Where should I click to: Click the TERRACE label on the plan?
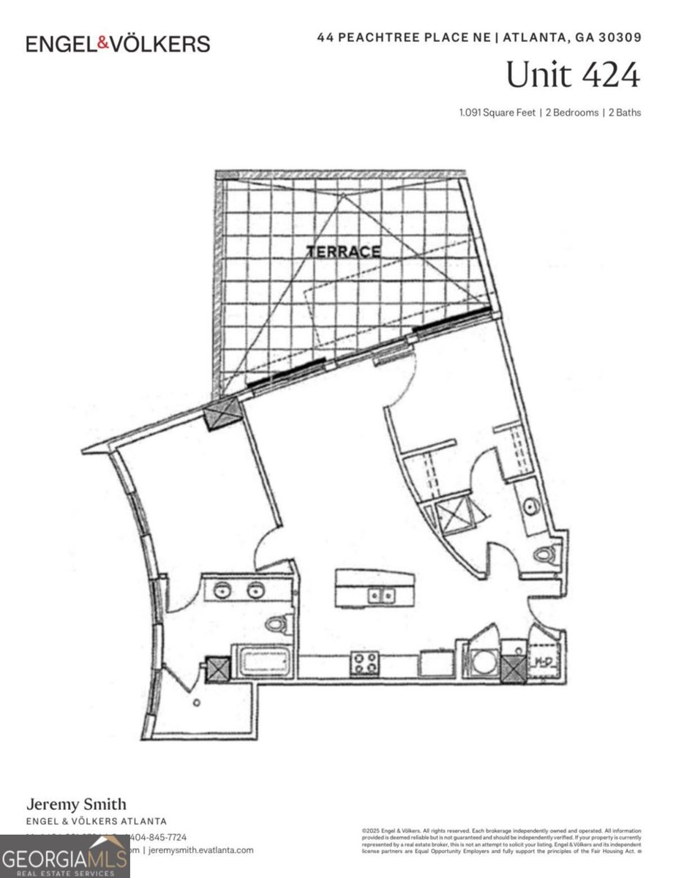coord(343,252)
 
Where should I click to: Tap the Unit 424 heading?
coord(572,75)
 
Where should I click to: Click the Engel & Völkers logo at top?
coord(118,43)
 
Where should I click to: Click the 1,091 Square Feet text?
coord(495,113)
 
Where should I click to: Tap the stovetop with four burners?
coord(365,664)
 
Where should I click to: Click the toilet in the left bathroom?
coord(276,624)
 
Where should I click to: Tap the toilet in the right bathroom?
coord(545,555)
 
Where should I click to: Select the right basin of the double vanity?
coord(255,589)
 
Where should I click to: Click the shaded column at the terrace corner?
coord(222,415)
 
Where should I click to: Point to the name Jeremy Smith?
coord(77,805)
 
